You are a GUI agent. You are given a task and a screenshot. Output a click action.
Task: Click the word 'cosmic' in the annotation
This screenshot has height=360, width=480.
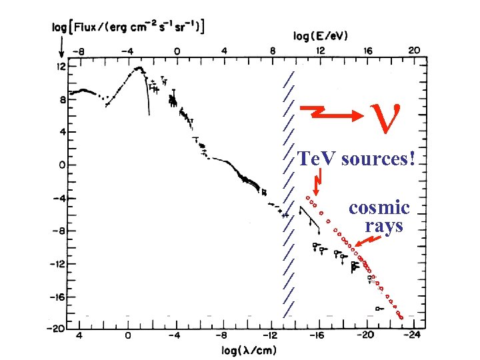pos(379,207)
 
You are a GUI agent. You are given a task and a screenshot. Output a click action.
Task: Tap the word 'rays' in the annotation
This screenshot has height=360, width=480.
pos(384,225)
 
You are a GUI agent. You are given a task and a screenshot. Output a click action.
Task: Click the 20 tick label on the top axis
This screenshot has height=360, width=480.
pos(413,50)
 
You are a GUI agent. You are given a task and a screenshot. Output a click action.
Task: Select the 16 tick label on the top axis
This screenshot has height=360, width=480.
pos(367,50)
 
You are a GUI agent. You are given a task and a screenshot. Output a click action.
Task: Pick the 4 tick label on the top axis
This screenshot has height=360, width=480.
pos(224,50)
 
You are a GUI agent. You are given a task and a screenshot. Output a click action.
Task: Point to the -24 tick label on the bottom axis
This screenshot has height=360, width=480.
pos(415,337)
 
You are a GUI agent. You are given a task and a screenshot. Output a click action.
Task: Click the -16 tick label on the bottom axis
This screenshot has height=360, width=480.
pos(319,337)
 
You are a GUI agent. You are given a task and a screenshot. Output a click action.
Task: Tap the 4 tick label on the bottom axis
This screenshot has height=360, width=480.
pos(80,337)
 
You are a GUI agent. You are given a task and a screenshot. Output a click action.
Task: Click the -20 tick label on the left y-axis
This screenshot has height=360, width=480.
pos(58,328)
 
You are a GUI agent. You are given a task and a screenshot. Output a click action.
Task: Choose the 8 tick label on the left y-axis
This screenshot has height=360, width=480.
pos(62,99)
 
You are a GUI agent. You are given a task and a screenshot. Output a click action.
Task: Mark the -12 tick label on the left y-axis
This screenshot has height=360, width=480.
pos(58,263)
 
